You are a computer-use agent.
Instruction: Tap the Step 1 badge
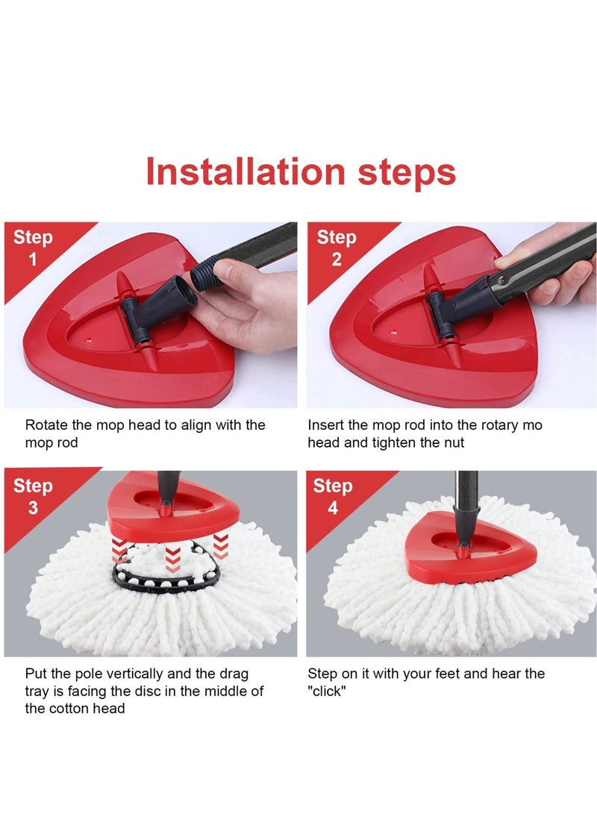[33, 248]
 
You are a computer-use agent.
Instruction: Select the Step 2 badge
[337, 248]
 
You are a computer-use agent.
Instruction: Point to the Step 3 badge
[33, 497]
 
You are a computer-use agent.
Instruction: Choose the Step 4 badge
[333, 497]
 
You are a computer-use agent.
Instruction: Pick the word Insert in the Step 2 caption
[326, 425]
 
